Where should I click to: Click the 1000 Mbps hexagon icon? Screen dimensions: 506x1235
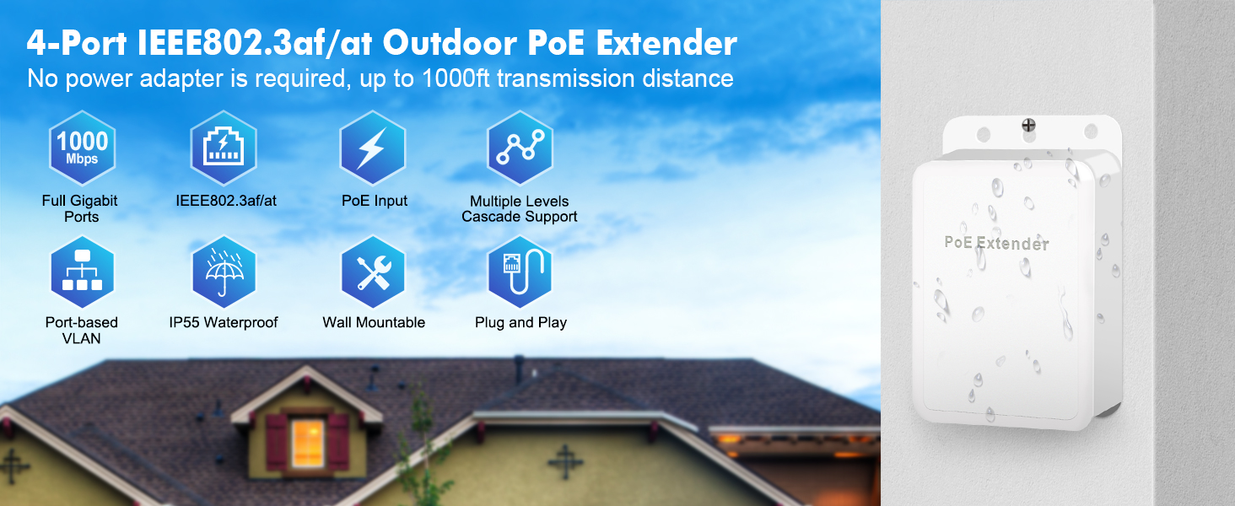82,148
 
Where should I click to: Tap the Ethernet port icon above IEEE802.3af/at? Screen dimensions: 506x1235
224,148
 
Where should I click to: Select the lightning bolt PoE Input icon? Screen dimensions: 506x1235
372,148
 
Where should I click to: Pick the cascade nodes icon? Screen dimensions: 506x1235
520,148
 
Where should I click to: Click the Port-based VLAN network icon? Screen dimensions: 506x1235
82,272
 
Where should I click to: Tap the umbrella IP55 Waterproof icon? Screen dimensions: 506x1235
224,272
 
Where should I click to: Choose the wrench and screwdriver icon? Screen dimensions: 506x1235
372,272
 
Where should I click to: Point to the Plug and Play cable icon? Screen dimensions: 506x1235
520,272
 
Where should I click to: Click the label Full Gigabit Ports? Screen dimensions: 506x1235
80,208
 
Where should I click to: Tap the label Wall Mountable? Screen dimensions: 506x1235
374,322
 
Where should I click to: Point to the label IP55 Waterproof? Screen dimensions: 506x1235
224,322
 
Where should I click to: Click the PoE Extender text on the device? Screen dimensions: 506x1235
996,244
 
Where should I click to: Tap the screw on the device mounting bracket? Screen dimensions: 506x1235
1029,126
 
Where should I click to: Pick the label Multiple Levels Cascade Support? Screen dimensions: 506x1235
520,208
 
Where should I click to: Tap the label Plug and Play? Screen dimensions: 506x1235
520,322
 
